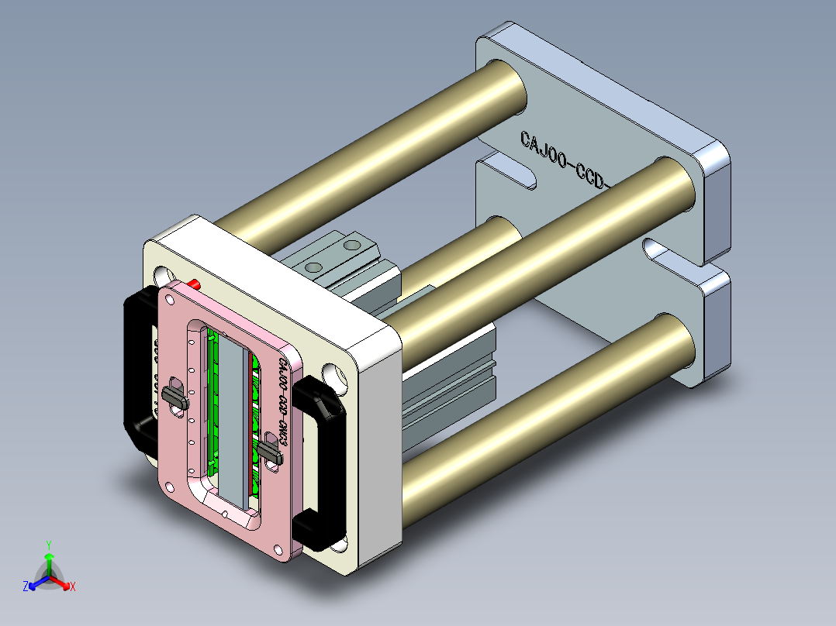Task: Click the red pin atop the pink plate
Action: (194, 284)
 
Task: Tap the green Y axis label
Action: (48, 544)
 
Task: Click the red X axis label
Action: (73, 587)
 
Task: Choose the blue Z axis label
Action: (26, 587)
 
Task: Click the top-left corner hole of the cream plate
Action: (163, 275)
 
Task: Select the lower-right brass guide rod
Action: (543, 403)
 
